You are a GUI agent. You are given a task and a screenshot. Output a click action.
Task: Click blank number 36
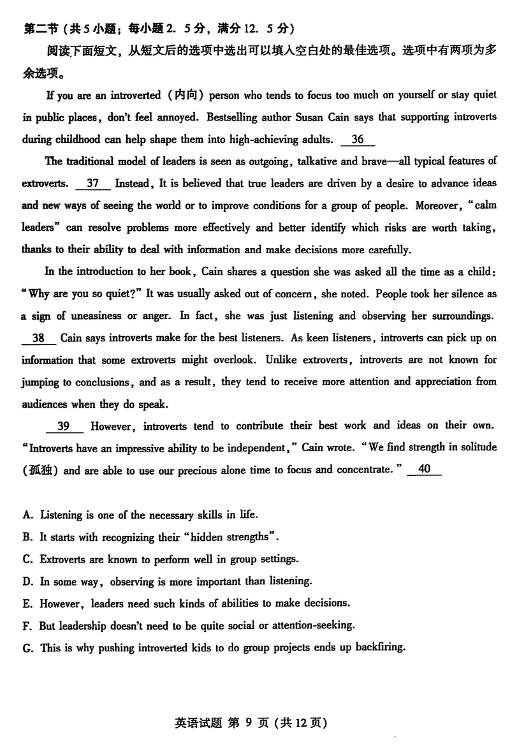point(358,139)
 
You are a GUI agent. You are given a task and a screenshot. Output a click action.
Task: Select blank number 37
point(93,184)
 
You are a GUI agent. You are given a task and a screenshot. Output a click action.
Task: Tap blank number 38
point(38,338)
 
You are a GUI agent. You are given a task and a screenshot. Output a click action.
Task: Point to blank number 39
point(64,426)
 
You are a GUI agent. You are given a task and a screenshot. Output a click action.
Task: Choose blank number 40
point(425,470)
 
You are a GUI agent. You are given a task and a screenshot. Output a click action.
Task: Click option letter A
point(27,515)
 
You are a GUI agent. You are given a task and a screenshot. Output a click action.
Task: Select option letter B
point(27,537)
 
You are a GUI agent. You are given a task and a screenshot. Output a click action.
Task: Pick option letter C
point(27,559)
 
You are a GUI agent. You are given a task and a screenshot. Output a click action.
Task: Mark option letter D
point(27,581)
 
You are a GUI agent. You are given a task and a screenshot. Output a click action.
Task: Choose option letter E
point(27,603)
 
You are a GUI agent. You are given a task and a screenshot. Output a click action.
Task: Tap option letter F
point(27,626)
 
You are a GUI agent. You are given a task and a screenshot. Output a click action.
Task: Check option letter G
point(27,648)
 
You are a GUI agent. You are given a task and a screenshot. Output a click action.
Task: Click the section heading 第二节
point(40,29)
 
